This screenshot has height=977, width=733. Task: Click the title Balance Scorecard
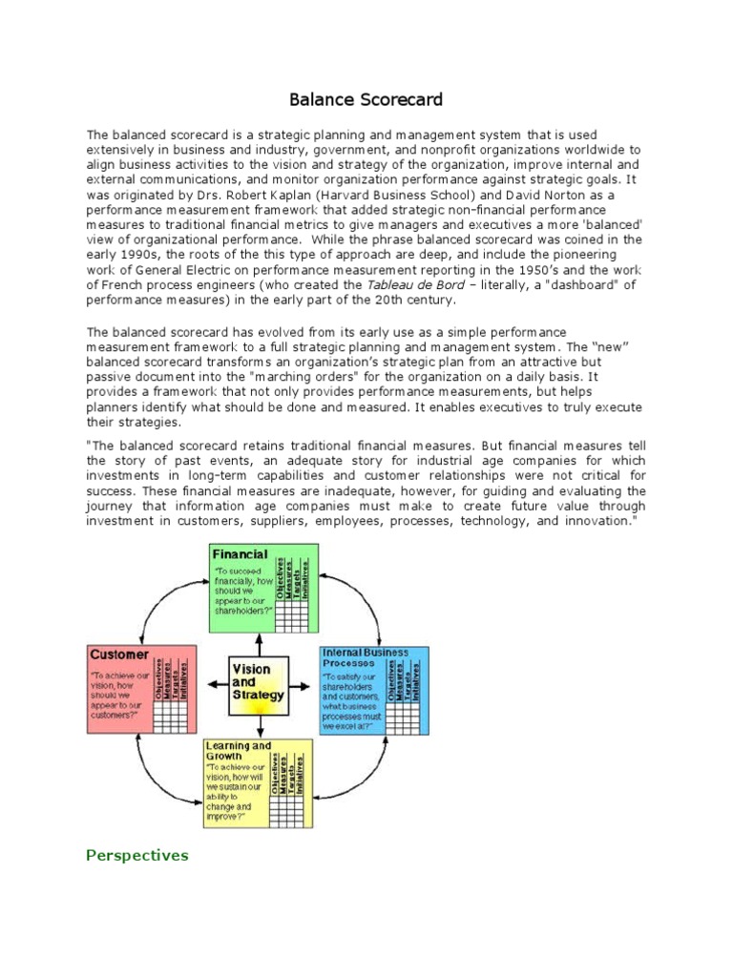pyautogui.click(x=366, y=99)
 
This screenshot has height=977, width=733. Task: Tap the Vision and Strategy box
pyautogui.click(x=258, y=682)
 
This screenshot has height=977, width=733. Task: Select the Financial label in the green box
pyautogui.click(x=240, y=554)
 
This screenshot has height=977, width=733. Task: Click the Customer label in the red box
pyautogui.click(x=118, y=655)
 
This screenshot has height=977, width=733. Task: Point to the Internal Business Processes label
pyautogui.click(x=365, y=657)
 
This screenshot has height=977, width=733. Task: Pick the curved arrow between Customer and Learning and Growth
pyautogui.click(x=153, y=763)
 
